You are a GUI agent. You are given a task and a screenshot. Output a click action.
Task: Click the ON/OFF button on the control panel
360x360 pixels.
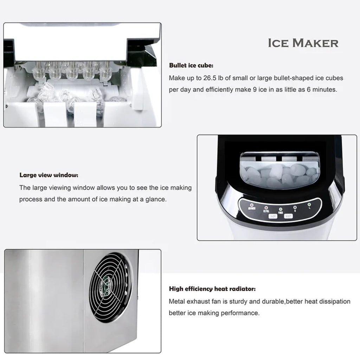(272, 217)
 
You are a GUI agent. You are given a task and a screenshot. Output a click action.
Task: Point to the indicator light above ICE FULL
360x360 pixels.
(266, 207)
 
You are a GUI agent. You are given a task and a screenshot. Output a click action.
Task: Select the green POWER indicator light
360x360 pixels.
(281, 209)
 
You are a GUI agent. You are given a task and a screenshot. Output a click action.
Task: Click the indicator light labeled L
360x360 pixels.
(309, 205)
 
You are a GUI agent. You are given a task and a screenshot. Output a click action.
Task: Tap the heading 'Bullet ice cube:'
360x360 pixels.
(191, 65)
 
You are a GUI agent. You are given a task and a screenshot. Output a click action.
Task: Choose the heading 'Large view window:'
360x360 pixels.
(49, 175)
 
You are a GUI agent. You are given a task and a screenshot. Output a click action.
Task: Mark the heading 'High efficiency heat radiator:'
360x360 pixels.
(212, 289)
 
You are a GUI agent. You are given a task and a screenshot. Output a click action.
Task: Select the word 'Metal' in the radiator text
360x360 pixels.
(177, 301)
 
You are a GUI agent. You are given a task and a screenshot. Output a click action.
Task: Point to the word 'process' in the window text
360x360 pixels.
(31, 199)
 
